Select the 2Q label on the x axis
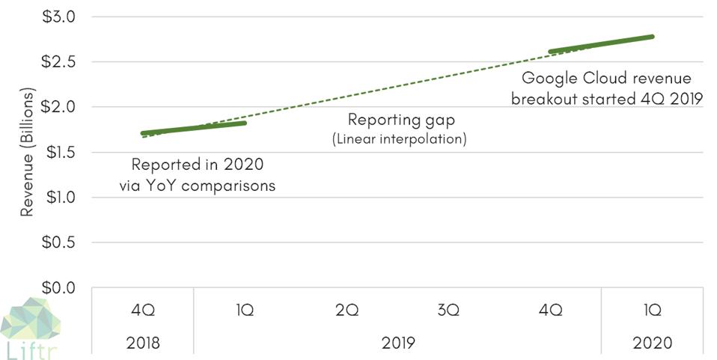point(346,311)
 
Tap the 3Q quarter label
point(448,311)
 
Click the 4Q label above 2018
point(142,311)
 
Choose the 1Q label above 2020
point(651,311)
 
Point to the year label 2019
point(397,343)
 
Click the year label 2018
point(142,343)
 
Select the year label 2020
point(651,343)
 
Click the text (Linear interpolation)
point(400,138)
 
